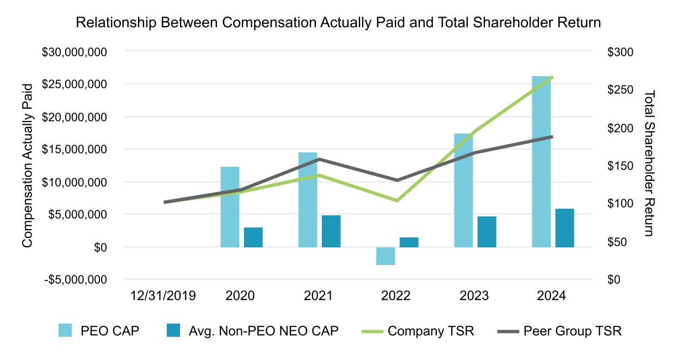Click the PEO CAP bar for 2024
(541, 162)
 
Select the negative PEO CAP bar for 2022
(386, 256)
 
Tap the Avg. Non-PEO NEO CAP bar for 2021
(331, 231)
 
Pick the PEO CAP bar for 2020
(230, 207)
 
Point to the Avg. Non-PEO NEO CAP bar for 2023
(487, 232)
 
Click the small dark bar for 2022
(409, 242)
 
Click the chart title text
(338, 23)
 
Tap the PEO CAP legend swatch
(66, 331)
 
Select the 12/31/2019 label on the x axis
(162, 296)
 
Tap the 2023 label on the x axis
(473, 296)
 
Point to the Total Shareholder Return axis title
(649, 163)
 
